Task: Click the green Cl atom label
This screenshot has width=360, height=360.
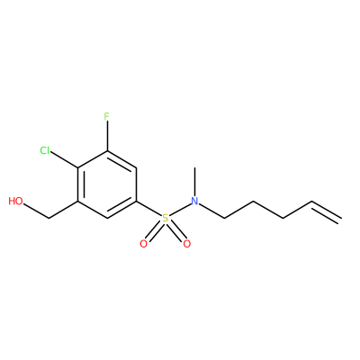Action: [45, 150]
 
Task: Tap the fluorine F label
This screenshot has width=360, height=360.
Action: [107, 116]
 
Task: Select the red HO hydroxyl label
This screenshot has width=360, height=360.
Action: [15, 201]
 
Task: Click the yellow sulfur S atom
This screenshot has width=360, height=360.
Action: [166, 218]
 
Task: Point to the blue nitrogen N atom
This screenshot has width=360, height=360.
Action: [195, 201]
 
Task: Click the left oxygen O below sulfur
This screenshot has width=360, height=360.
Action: [144, 244]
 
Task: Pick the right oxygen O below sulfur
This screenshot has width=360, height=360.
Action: [187, 244]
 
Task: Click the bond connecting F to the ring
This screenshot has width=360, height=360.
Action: [107, 136]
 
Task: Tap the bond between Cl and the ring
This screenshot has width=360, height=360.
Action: [65, 159]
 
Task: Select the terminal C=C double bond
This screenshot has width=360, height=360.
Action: [327, 211]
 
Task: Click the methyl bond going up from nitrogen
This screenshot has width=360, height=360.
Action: [195, 181]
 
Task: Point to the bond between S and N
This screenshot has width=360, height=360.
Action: [180, 210]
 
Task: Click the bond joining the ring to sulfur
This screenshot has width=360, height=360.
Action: [149, 209]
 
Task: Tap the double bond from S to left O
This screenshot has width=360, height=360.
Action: [155, 231]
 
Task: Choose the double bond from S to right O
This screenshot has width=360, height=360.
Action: [176, 231]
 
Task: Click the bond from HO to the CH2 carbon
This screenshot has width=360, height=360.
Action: [35, 211]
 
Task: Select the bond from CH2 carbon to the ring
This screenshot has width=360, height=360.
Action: [63, 210]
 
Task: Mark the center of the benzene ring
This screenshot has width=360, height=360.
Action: [107, 184]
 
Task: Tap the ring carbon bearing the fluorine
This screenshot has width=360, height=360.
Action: [107, 151]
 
